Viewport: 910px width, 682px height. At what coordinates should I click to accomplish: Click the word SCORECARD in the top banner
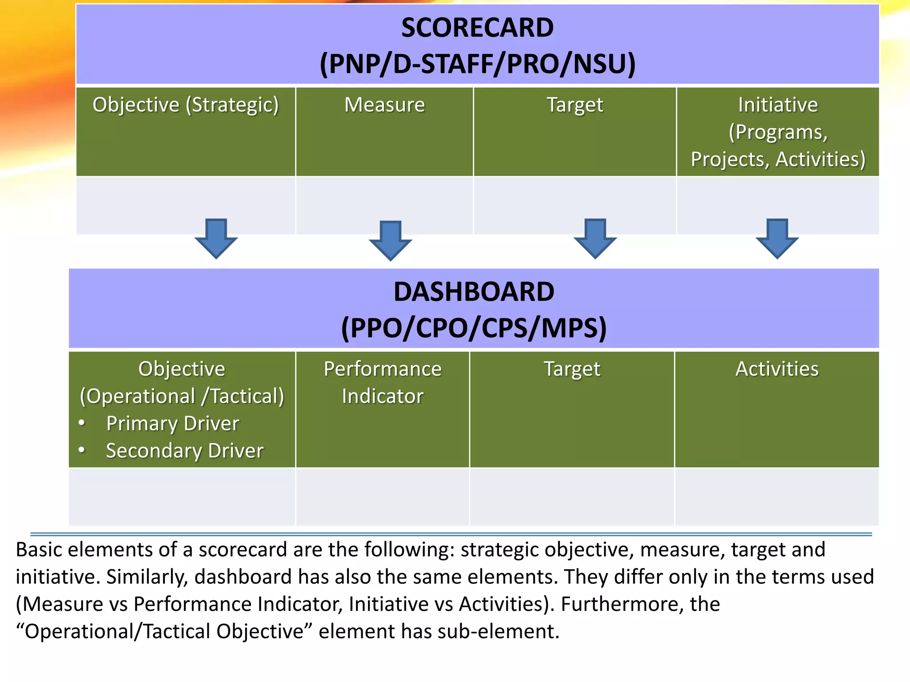[x=477, y=28]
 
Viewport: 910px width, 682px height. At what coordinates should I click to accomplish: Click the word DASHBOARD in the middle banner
[x=474, y=292]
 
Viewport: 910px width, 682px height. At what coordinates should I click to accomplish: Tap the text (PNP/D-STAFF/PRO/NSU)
[x=477, y=64]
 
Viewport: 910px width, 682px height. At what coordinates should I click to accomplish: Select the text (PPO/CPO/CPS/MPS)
[x=474, y=329]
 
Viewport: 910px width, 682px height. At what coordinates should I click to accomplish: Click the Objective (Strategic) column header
[x=185, y=105]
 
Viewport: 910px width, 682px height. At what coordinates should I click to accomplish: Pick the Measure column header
[x=384, y=105]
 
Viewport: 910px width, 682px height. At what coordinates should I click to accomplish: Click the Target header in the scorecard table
[x=575, y=105]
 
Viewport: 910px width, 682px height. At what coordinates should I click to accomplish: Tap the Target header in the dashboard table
[x=572, y=369]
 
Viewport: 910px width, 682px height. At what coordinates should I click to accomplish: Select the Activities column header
[x=777, y=369]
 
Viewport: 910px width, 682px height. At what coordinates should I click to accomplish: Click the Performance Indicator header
[x=383, y=382]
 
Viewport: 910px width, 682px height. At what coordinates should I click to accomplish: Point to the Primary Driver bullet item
[x=172, y=424]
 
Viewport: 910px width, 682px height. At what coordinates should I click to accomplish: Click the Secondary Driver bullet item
[x=184, y=451]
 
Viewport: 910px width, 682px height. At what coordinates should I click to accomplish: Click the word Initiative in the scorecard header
[x=778, y=105]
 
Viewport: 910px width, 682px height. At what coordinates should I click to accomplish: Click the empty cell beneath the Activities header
[x=777, y=496]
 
